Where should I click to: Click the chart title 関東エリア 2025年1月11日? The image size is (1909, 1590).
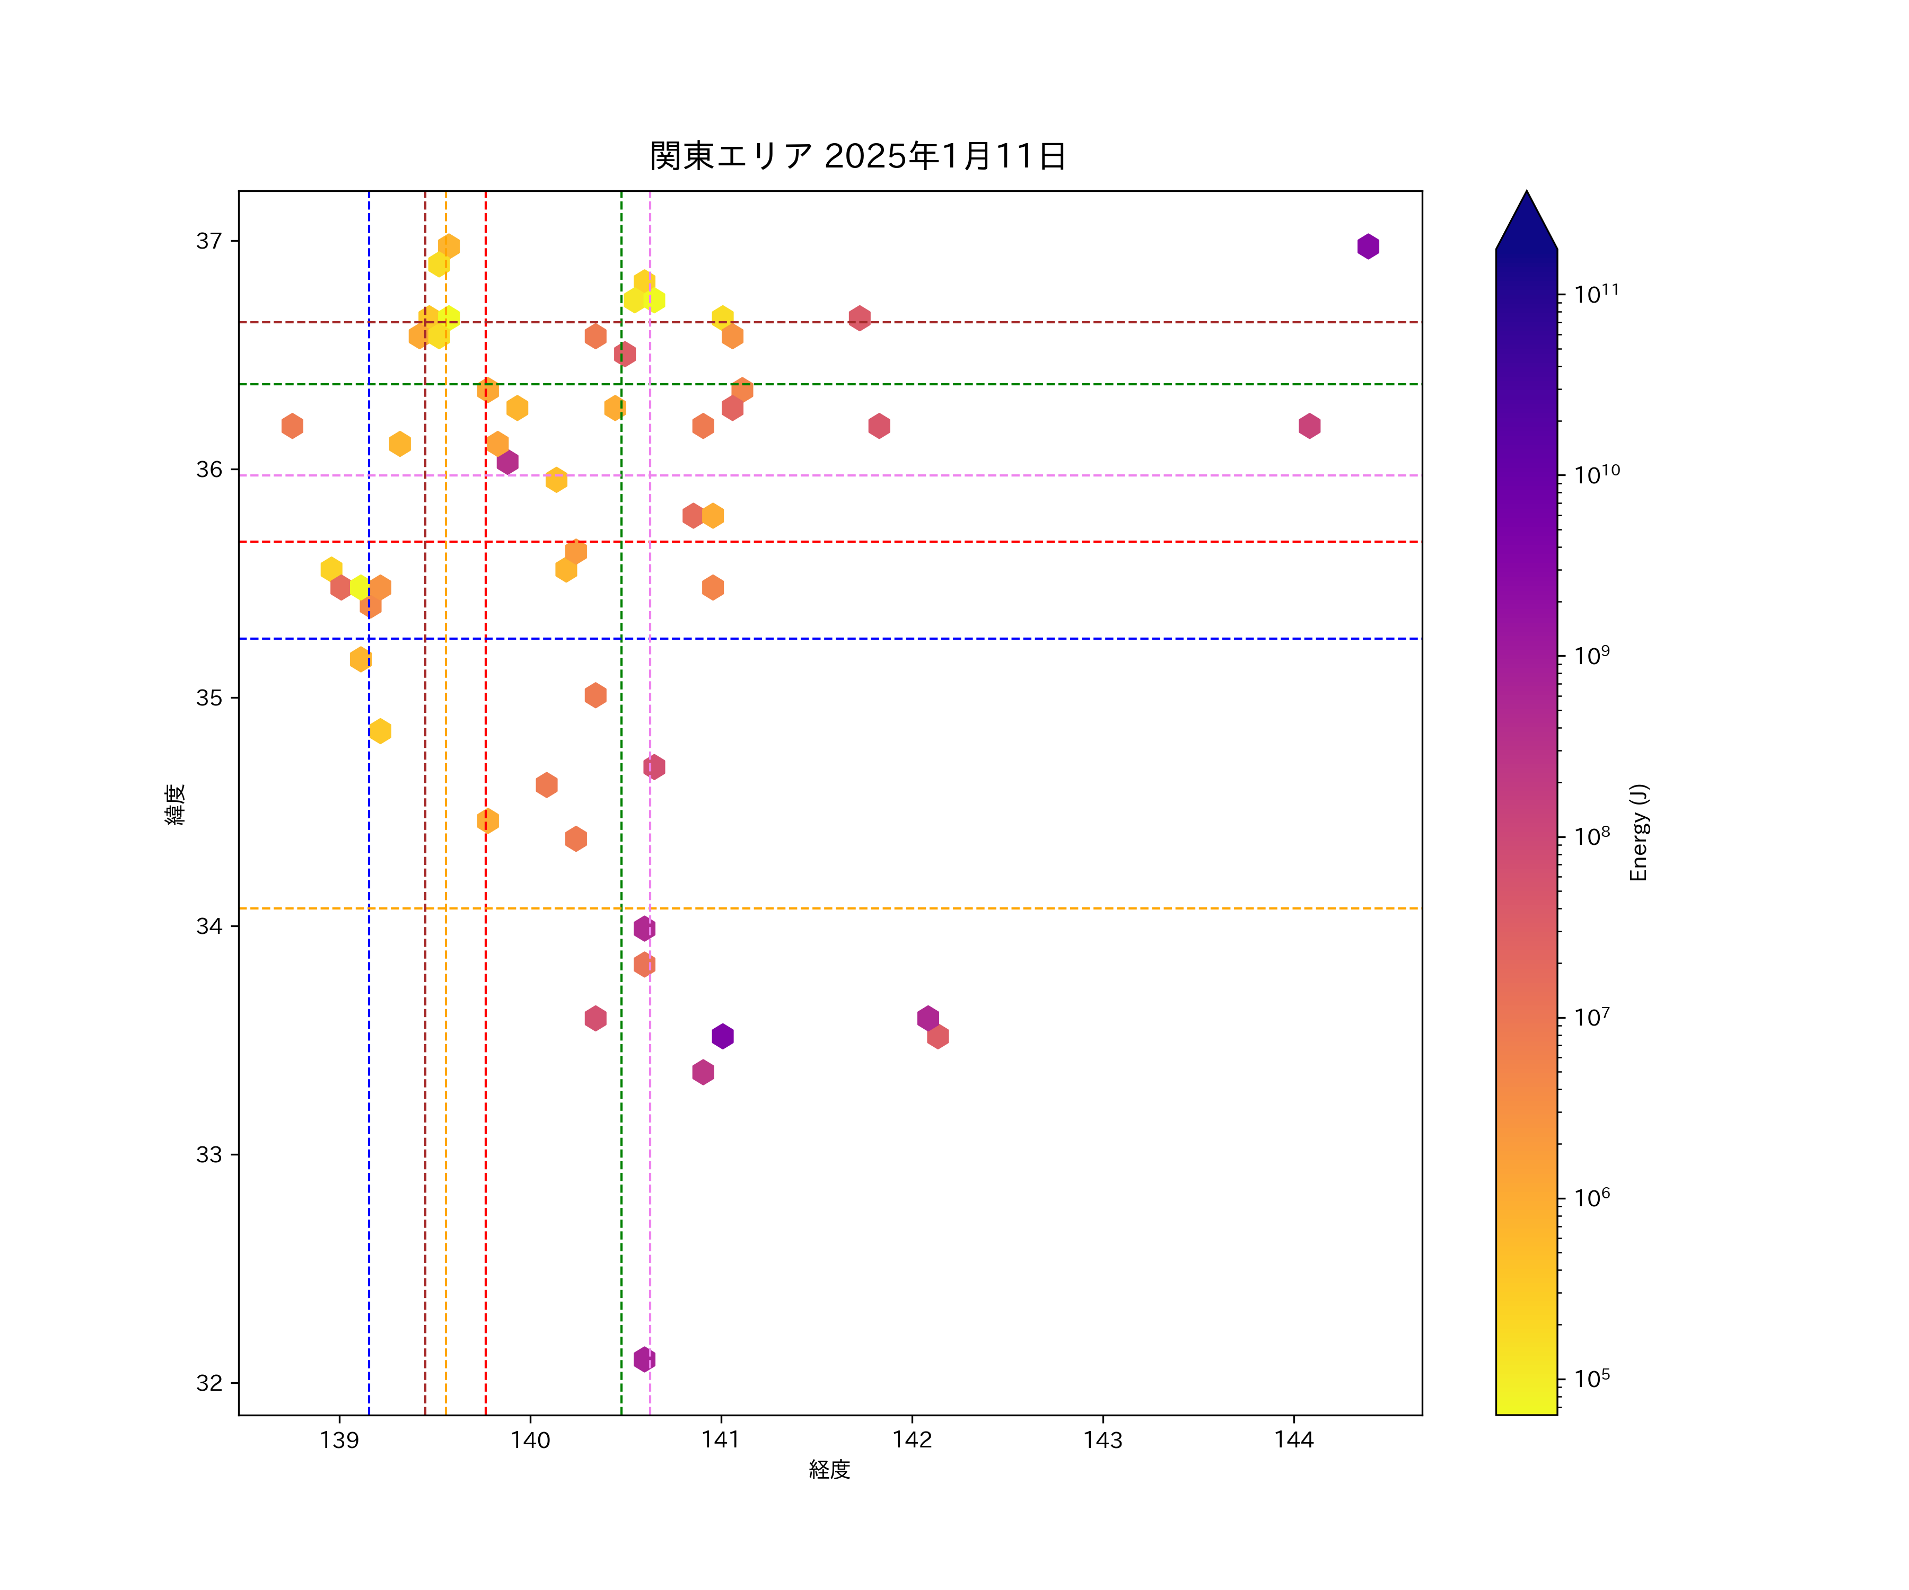point(857,156)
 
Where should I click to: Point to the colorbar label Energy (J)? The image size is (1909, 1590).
point(1638,832)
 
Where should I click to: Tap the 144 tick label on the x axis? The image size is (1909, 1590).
point(1293,1440)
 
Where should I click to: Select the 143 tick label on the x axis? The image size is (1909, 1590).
point(1102,1440)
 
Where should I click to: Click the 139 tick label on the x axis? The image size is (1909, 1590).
point(339,1440)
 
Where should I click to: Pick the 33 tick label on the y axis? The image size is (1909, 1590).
point(209,1155)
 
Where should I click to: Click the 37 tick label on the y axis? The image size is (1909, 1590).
point(209,241)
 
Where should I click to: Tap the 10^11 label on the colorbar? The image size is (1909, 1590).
point(1596,294)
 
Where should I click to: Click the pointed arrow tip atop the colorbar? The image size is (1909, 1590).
point(1526,193)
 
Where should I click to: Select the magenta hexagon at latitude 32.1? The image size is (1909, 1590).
point(644,1359)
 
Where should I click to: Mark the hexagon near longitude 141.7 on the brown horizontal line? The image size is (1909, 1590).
point(859,318)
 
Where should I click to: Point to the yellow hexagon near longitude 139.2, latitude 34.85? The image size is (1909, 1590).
point(380,730)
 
